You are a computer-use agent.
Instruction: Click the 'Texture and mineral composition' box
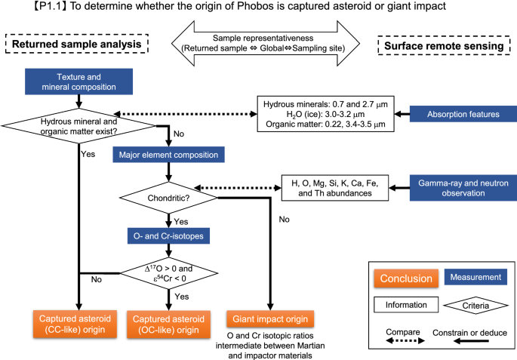pyautogui.click(x=78, y=82)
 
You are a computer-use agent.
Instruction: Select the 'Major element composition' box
pyautogui.click(x=168, y=155)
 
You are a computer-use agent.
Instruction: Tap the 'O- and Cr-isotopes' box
pyautogui.click(x=168, y=236)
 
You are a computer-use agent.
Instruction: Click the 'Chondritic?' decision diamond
pyautogui.click(x=168, y=198)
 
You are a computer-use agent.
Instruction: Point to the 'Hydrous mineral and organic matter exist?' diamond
pyautogui.click(x=78, y=126)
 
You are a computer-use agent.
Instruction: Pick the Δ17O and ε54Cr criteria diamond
pyautogui.click(x=168, y=273)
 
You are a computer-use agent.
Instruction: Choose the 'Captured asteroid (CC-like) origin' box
pyautogui.click(x=75, y=324)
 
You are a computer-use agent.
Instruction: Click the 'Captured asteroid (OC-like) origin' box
pyautogui.click(x=168, y=325)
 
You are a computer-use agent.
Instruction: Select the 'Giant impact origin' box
pyautogui.click(x=270, y=318)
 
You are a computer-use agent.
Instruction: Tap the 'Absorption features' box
pyautogui.click(x=463, y=114)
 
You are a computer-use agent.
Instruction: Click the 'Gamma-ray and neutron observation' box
pyautogui.click(x=463, y=188)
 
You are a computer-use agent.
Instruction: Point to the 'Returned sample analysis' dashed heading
pyautogui.click(x=77, y=44)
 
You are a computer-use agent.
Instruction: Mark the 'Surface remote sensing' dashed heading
pyautogui.click(x=444, y=45)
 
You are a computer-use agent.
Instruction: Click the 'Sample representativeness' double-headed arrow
pyautogui.click(x=266, y=43)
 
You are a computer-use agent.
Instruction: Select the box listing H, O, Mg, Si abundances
pyautogui.click(x=334, y=188)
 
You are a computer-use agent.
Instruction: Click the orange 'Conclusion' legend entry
pyautogui.click(x=406, y=278)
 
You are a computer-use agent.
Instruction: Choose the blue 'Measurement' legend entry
pyautogui.click(x=475, y=277)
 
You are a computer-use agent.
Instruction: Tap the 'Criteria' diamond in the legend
pyautogui.click(x=475, y=305)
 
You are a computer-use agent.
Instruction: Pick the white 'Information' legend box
pyautogui.click(x=406, y=305)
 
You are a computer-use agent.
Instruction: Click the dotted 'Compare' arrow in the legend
pyautogui.click(x=405, y=341)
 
